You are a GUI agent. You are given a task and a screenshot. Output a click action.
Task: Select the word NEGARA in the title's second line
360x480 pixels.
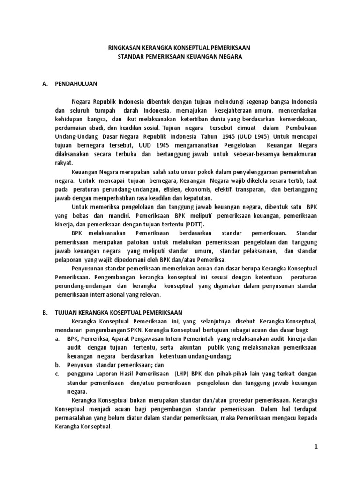(232, 56)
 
